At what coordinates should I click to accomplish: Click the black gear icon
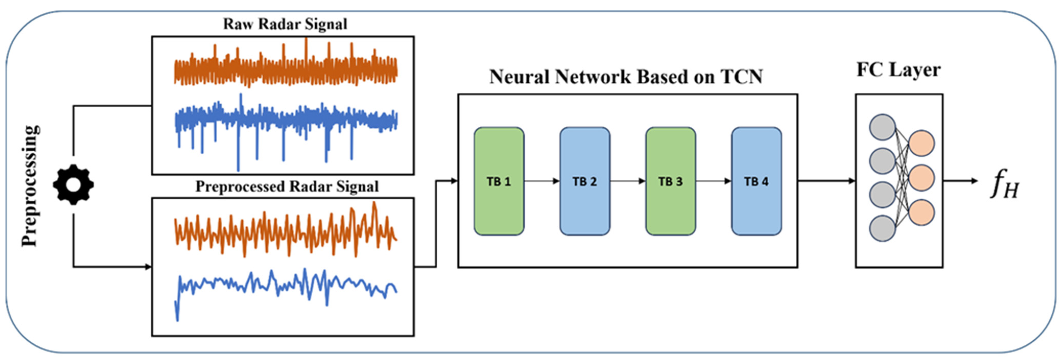[x=73, y=185]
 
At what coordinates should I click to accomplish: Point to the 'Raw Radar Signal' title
[x=285, y=24]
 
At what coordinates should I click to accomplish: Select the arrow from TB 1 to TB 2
[x=542, y=181]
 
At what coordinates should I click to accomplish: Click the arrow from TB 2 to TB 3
[x=627, y=181]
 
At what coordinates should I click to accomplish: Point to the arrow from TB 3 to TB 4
[x=713, y=181]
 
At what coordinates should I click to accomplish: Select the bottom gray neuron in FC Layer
[x=882, y=228]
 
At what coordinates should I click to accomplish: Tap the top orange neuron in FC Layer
[x=921, y=143]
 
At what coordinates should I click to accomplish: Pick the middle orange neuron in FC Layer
[x=921, y=178]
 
